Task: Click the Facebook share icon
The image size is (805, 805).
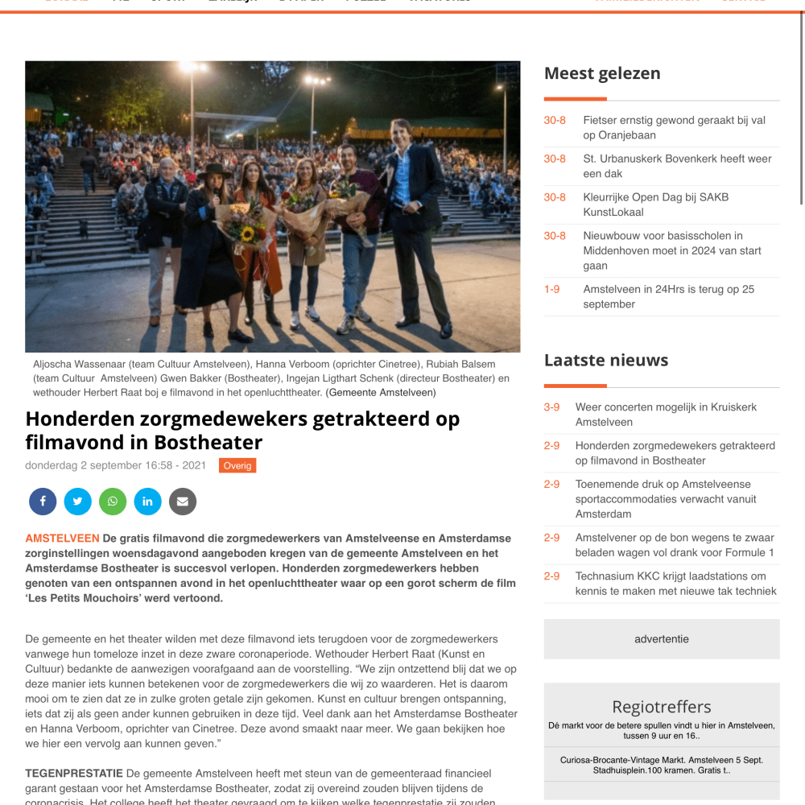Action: [43, 502]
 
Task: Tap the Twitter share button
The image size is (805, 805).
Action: [77, 502]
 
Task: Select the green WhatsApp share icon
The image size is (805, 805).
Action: [113, 502]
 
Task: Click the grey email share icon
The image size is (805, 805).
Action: [183, 502]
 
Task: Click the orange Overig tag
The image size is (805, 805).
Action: [237, 465]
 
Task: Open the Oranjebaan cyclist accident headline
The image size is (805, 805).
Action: [674, 128]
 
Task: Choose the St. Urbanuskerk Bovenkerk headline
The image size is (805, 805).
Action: [677, 166]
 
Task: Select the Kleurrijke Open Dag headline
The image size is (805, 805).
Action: [655, 204]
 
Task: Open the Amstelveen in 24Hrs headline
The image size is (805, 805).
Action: [668, 297]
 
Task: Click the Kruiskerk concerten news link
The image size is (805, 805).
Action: [666, 415]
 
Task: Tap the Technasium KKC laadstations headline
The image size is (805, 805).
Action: [675, 584]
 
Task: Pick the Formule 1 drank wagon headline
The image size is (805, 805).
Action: [675, 545]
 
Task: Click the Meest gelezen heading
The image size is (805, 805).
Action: [602, 73]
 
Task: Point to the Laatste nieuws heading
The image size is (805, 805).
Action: [606, 360]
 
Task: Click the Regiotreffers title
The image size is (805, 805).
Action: [662, 707]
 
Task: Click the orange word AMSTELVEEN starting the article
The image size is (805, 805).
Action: [62, 539]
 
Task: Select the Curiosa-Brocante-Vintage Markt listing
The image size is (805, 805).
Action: [662, 766]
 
